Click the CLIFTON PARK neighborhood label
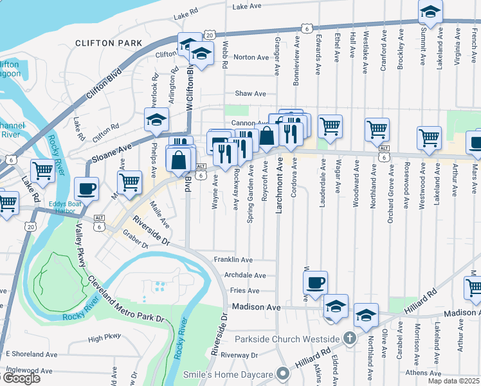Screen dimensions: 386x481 [x=108, y=43]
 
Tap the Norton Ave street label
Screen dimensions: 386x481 [x=251, y=57]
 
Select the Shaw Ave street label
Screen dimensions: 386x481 [x=250, y=93]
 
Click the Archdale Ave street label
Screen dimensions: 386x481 [x=244, y=275]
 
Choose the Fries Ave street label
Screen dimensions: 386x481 [x=244, y=291]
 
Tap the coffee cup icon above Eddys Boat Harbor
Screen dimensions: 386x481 [x=86, y=188]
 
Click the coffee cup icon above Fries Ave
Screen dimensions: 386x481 [x=315, y=282]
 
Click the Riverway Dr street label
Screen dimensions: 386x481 [x=238, y=354]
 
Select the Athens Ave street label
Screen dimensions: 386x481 [x=423, y=372]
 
